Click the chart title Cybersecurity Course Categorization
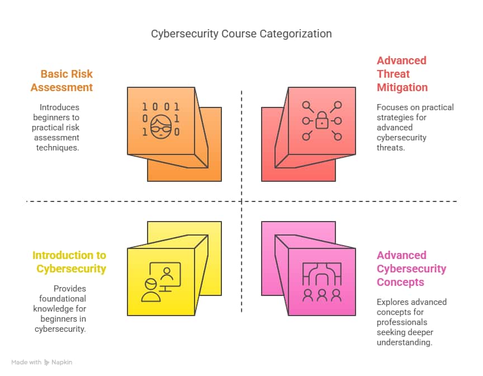point(241,34)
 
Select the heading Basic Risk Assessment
point(61,81)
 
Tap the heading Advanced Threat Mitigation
point(402,74)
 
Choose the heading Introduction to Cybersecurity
point(69,262)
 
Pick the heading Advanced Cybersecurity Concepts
point(411,269)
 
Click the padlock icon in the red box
point(322,120)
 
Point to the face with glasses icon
point(161,126)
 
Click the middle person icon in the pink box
point(322,295)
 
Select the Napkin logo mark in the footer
point(46,363)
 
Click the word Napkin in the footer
point(61,363)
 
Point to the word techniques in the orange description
point(58,148)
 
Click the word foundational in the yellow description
point(63,299)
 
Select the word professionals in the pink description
point(402,322)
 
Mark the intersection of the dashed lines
point(241,201)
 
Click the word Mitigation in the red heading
point(402,87)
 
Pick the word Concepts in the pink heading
point(400,283)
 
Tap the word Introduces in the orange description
point(59,107)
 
